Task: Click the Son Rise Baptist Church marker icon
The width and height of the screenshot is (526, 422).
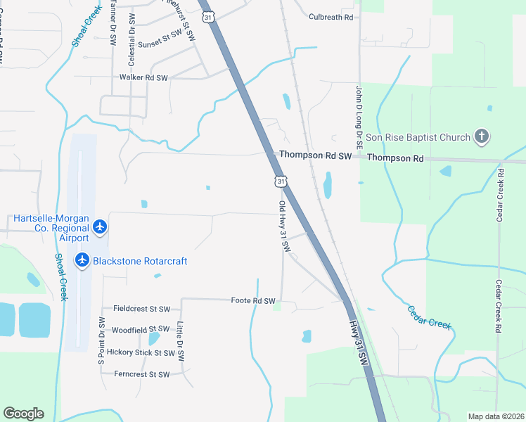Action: pos(482,136)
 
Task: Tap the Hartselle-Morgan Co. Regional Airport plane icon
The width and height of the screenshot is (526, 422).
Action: pos(100,226)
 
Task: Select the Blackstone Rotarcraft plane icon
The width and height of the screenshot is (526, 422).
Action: pos(82,260)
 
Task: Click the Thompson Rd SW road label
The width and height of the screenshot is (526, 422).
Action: pos(314,155)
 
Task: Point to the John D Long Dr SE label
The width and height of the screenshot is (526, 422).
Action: pos(358,116)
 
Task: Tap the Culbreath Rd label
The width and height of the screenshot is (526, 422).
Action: pos(331,16)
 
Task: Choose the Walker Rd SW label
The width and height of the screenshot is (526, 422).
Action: pos(144,77)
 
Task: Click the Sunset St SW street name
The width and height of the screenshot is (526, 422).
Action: pos(160,44)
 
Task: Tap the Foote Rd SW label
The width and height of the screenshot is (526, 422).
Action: pos(252,300)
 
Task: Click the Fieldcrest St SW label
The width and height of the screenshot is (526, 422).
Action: pos(141,309)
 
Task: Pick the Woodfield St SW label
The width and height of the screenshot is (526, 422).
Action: pos(141,329)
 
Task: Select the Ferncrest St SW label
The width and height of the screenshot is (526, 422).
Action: pos(141,375)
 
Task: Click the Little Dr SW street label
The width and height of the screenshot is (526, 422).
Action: pos(180,342)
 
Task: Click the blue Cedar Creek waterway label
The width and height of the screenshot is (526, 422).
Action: pos(428,317)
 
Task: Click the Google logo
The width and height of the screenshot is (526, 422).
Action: pos(23,414)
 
